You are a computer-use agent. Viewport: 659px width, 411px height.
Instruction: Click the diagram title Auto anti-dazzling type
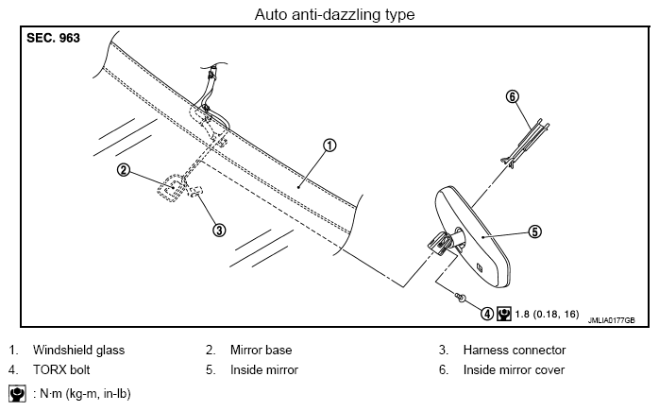point(334,15)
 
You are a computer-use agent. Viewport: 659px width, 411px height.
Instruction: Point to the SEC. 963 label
point(53,38)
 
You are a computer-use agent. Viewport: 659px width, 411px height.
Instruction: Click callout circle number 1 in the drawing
point(329,146)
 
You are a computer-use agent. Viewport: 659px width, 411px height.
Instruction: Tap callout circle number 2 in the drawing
point(124,170)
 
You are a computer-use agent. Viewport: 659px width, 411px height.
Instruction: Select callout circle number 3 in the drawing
point(219,231)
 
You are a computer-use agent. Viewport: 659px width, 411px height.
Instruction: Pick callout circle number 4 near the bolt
point(486,314)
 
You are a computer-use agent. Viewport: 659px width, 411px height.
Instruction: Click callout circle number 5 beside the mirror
point(534,231)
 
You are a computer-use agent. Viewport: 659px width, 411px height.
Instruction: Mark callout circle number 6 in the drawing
point(513,96)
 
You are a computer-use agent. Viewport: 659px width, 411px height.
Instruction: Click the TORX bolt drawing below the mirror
point(461,298)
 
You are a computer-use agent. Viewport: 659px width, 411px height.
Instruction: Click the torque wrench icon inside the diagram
point(504,314)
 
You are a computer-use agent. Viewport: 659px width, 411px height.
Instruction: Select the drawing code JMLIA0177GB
point(611,320)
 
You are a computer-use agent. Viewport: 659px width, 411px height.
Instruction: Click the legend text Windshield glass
point(78,350)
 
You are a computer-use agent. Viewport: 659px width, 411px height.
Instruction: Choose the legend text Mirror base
point(261,350)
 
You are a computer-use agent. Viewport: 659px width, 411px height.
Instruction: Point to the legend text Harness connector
point(515,350)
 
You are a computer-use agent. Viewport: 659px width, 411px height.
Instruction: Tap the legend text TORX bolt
point(61,369)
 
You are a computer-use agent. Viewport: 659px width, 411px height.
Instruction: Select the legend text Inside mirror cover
point(514,369)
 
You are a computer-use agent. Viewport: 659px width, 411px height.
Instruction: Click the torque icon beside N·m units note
point(17,393)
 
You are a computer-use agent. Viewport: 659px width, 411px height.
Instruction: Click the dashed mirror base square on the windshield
point(172,188)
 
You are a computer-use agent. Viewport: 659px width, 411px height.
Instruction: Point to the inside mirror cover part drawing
point(525,143)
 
